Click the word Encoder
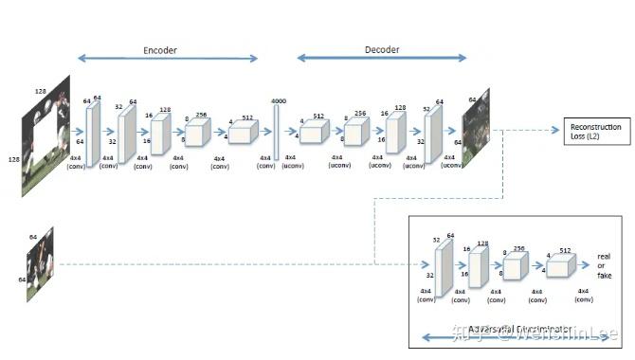(160, 49)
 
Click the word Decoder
(383, 49)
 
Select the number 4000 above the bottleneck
(278, 100)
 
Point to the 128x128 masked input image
(47, 135)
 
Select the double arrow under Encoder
(167, 60)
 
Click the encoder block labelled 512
(243, 133)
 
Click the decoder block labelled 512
(314, 134)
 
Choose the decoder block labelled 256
(356, 132)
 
